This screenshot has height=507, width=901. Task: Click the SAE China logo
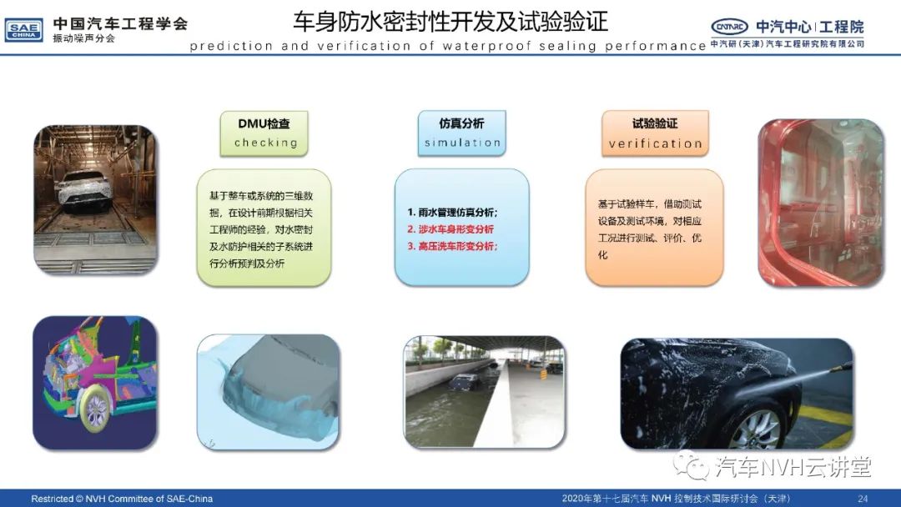click(x=23, y=30)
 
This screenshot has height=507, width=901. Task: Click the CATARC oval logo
click(x=729, y=27)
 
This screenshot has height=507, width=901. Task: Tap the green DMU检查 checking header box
click(x=264, y=133)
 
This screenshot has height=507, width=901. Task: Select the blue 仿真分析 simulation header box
click(x=462, y=133)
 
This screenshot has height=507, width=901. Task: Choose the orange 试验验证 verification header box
click(x=655, y=133)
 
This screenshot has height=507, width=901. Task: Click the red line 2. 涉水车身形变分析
click(x=450, y=229)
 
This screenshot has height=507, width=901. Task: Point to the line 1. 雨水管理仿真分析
click(x=452, y=213)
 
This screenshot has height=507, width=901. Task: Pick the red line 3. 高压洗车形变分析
click(x=452, y=246)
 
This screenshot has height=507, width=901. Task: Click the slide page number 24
click(x=863, y=499)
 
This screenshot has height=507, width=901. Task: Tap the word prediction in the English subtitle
click(x=231, y=46)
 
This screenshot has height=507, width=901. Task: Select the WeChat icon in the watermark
click(x=692, y=465)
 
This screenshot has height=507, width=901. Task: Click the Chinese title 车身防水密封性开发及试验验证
click(x=450, y=22)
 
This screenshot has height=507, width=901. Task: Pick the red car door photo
click(x=821, y=203)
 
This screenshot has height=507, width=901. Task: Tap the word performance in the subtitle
click(x=656, y=46)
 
